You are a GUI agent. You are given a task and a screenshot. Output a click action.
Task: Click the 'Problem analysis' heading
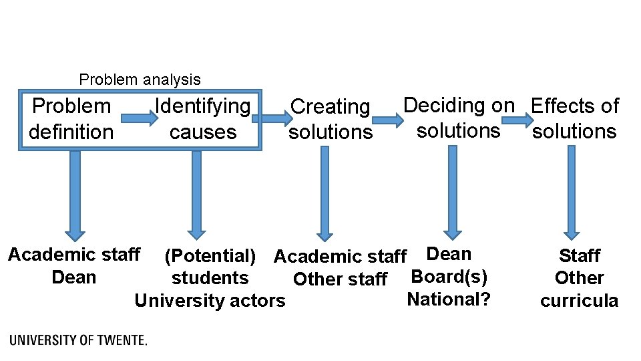point(140,80)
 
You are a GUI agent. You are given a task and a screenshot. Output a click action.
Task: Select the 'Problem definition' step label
point(71,118)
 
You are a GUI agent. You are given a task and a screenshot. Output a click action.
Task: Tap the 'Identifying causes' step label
point(203,118)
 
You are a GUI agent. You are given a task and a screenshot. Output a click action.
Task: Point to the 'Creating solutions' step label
point(331,119)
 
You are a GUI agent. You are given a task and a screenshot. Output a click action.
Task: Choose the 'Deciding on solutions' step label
point(459,118)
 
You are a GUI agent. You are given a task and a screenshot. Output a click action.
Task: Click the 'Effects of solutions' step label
point(574,118)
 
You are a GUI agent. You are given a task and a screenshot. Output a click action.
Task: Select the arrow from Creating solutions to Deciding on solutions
point(388,120)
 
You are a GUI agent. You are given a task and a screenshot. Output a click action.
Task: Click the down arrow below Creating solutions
point(325,193)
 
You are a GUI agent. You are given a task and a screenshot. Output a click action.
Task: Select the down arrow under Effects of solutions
point(571,193)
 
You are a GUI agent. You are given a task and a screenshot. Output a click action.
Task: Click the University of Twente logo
point(79,340)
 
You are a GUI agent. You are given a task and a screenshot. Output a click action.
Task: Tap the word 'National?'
point(449,299)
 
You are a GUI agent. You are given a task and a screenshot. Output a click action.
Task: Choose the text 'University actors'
point(210,301)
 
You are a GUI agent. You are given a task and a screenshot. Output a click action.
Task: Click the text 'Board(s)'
point(449,276)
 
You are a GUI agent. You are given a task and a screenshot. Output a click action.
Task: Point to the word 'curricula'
point(579,301)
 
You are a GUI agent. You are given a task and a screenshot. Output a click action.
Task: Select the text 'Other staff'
point(340,279)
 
